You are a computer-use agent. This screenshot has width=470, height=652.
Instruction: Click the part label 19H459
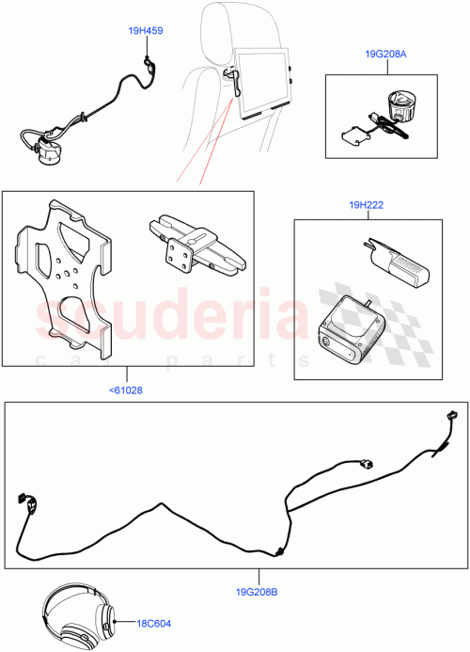(146, 31)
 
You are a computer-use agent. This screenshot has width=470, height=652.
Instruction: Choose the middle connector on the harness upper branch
(366, 463)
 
